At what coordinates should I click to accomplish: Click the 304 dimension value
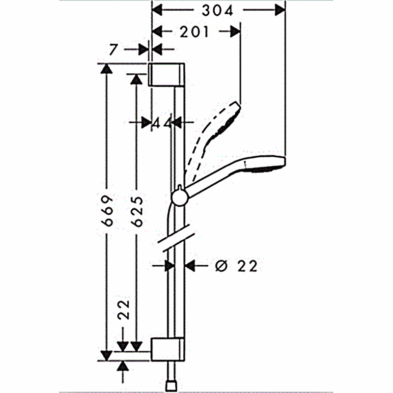(x=217, y=11)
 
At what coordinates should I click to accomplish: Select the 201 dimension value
(x=194, y=32)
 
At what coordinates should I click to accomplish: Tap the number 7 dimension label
(x=113, y=50)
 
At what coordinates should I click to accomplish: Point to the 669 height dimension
(x=107, y=211)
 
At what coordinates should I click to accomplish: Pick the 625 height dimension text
(x=137, y=212)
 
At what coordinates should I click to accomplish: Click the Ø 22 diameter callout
(x=236, y=266)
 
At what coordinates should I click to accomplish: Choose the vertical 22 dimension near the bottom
(x=124, y=309)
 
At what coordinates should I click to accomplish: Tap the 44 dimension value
(x=162, y=123)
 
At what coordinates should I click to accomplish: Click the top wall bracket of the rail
(x=167, y=75)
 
